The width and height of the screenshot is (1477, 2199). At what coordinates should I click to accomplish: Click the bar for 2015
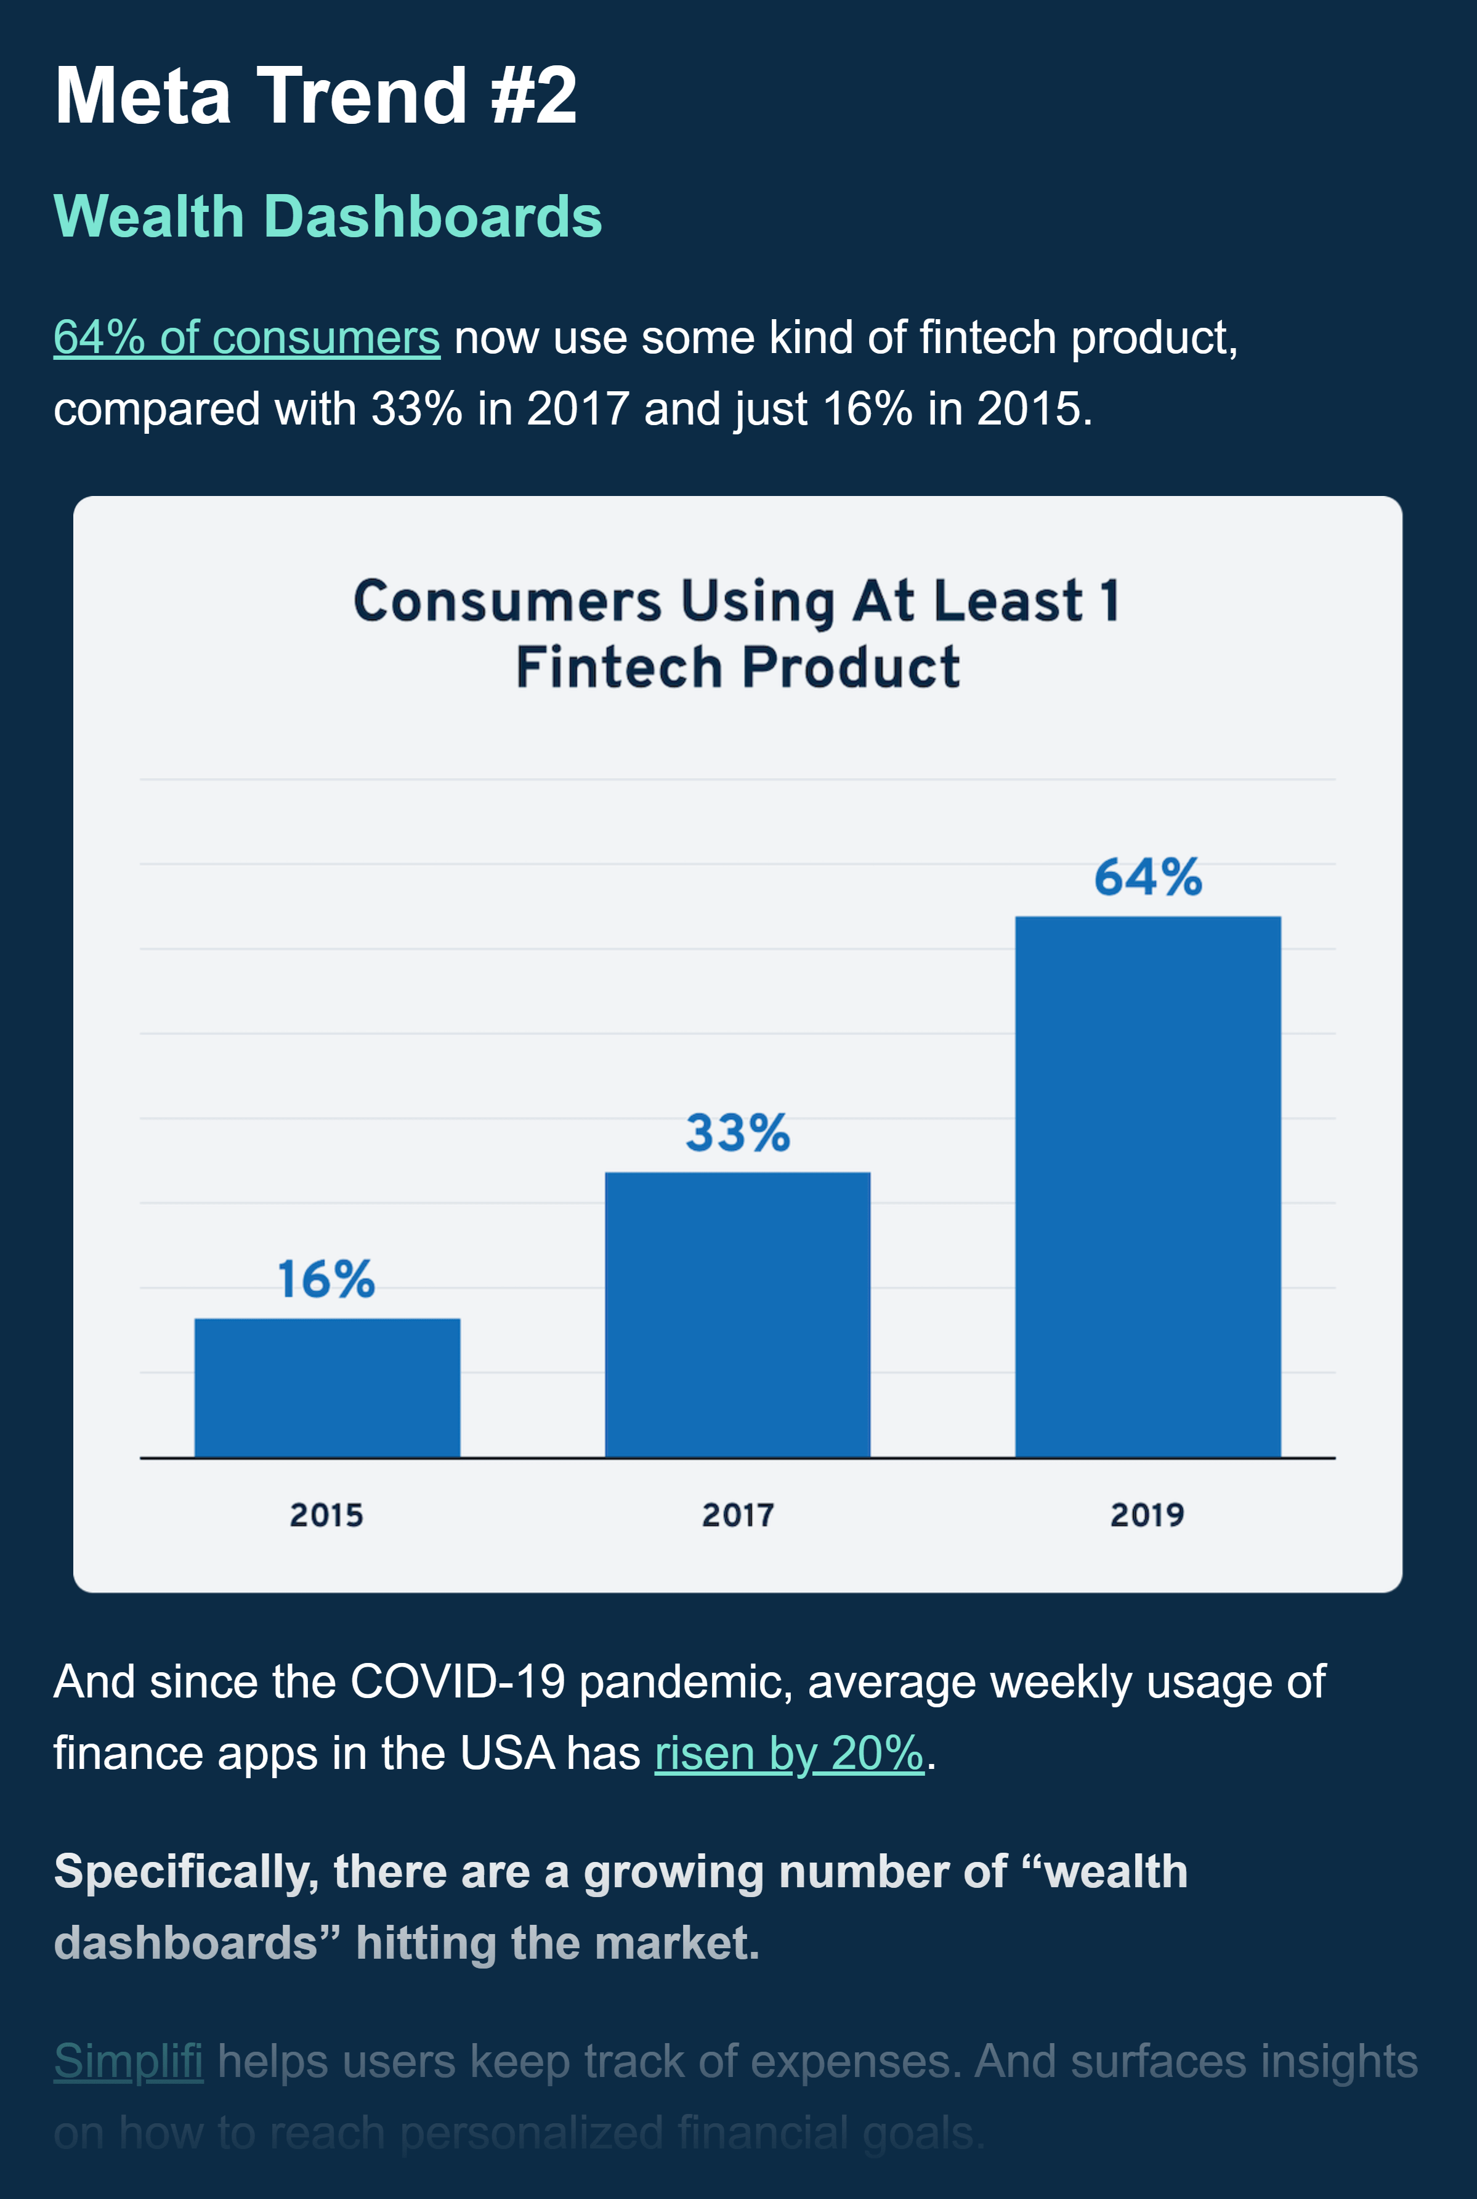327,1387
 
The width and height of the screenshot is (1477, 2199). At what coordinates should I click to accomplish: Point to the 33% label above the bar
737,1132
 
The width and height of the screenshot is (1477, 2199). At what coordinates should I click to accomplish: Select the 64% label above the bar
1147,877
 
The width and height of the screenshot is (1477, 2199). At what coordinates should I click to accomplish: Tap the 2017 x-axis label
737,1515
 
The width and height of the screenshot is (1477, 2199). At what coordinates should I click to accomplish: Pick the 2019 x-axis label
1147,1515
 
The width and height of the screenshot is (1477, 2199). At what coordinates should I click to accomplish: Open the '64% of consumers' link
247,337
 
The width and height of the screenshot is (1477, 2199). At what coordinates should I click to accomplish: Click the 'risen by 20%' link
790,1754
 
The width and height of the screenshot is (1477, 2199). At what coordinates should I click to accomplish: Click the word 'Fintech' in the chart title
618,668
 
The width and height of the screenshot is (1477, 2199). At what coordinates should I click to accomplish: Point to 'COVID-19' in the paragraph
458,1682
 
